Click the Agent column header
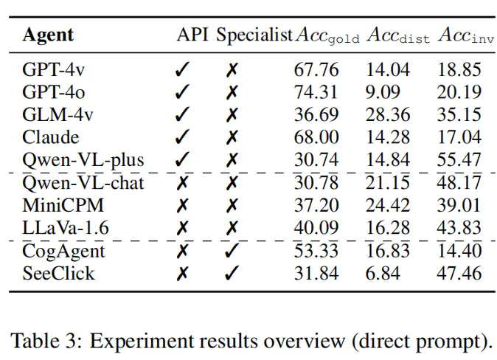(x=49, y=35)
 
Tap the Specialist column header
(x=254, y=35)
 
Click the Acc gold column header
(x=327, y=35)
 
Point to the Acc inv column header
(x=465, y=35)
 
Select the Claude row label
(x=50, y=137)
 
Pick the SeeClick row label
(x=58, y=274)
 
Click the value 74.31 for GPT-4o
(x=316, y=92)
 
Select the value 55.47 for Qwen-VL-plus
(x=459, y=160)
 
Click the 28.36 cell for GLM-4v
(x=388, y=115)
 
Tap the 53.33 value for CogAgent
(x=316, y=251)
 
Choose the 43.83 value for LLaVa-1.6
(x=459, y=228)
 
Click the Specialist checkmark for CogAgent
(x=232, y=251)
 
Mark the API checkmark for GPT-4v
(x=181, y=71)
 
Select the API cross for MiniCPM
(x=181, y=206)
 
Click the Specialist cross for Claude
(x=232, y=138)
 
